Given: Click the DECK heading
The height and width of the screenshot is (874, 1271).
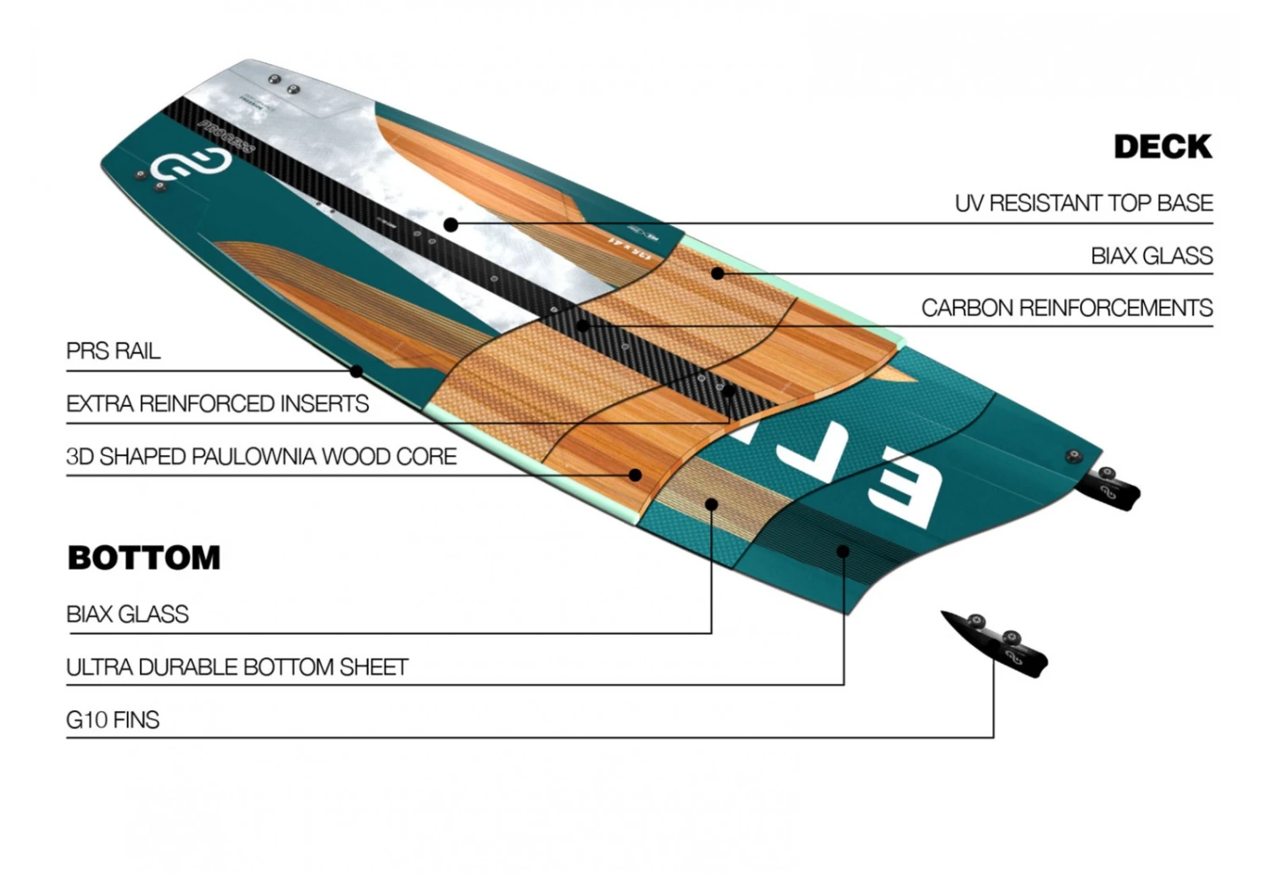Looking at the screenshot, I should [1163, 147].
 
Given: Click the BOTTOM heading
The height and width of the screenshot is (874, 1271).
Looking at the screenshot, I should [144, 558].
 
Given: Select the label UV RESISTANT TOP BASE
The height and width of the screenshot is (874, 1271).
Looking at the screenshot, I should [1083, 203].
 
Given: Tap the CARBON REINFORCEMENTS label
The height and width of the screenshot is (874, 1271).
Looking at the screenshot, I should [1066, 308].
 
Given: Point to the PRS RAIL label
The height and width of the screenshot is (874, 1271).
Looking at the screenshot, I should [114, 351].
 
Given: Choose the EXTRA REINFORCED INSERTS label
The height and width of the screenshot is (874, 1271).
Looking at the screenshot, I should [218, 404].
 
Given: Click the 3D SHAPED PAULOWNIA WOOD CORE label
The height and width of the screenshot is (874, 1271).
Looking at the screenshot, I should [261, 457].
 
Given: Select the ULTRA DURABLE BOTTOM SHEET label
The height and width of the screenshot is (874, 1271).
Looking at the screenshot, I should [237, 667].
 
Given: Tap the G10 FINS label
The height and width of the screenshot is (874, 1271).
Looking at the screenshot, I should [113, 720].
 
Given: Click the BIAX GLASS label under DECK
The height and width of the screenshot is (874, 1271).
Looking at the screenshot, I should [1151, 256].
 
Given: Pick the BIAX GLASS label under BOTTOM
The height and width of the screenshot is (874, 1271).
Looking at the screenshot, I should [127, 614].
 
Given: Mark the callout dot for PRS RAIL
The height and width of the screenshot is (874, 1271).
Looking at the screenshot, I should [357, 371].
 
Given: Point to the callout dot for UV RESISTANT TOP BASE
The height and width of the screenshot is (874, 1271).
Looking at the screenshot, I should [451, 225].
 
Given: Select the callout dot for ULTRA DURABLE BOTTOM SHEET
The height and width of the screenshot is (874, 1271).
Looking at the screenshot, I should [842, 552].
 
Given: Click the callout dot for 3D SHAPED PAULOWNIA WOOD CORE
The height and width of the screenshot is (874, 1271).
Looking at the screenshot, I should [635, 475].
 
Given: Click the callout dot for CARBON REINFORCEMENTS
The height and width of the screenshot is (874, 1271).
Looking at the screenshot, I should [582, 326].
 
